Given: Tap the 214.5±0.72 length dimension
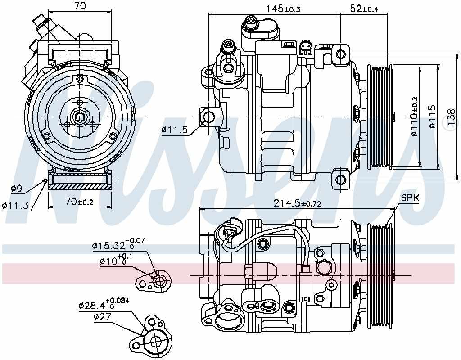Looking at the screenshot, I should point(298,204).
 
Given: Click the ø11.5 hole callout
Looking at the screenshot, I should point(174,130).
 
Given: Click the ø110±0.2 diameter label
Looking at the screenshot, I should point(414,117).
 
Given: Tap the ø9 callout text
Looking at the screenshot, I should point(16,189).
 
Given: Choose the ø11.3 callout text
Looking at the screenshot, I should point(16,206).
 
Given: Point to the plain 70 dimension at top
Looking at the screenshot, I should point(80,6).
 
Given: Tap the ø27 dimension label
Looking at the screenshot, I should point(102,317).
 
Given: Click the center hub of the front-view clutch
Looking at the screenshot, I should point(80,117).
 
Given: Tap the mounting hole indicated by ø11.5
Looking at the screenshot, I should point(208,117).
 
